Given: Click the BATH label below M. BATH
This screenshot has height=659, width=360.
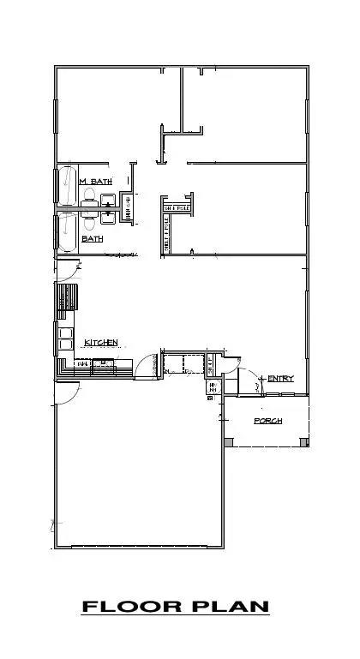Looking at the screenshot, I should point(92,239).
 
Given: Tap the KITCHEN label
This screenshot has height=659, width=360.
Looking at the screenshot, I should point(100,343).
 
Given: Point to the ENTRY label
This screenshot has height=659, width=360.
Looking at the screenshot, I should point(280,379).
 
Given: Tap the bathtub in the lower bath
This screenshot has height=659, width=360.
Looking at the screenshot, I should point(66,233).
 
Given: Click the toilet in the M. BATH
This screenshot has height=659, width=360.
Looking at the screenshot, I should point(89,201).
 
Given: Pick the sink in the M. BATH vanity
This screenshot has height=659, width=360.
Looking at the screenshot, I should point(108,201).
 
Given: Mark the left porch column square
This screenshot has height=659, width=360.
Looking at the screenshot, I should point(228,442).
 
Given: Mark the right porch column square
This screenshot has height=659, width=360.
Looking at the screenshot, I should point(303,442).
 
